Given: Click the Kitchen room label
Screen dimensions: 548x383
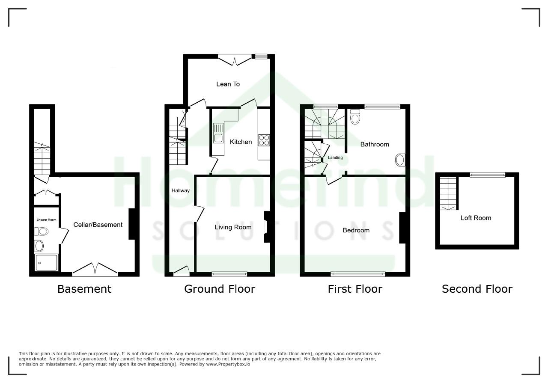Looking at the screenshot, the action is (241, 142).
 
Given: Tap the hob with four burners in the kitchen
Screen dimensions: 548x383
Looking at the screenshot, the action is (264, 140).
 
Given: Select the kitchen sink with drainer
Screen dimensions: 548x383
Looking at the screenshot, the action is (218, 133).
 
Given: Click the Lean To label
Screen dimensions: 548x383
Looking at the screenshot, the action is (228, 84).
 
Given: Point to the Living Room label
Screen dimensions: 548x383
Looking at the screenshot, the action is (233, 227).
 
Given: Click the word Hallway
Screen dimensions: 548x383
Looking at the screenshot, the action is (181, 190).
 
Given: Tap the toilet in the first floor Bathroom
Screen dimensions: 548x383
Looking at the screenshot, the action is (355, 117).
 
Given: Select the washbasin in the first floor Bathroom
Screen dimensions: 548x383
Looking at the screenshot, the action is (400, 160).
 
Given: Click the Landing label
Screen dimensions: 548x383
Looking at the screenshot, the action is (335, 157).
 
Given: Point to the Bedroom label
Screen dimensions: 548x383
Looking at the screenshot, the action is (356, 230).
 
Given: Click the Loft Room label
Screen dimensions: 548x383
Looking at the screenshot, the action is (476, 218).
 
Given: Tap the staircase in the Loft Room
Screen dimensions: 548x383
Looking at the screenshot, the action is (448, 193).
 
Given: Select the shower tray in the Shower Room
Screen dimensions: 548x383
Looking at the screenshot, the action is (46, 263).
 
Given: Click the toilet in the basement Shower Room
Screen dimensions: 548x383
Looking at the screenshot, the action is (41, 231).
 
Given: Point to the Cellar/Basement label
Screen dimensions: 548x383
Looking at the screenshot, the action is (98, 225).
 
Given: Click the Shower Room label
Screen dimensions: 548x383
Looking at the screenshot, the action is (46, 220).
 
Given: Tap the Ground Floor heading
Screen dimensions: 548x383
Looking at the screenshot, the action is (220, 289).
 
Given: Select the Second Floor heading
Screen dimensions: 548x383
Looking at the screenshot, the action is (477, 289).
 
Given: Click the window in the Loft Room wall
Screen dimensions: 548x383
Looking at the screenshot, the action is (488, 175).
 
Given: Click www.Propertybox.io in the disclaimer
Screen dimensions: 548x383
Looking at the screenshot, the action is (228, 364).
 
